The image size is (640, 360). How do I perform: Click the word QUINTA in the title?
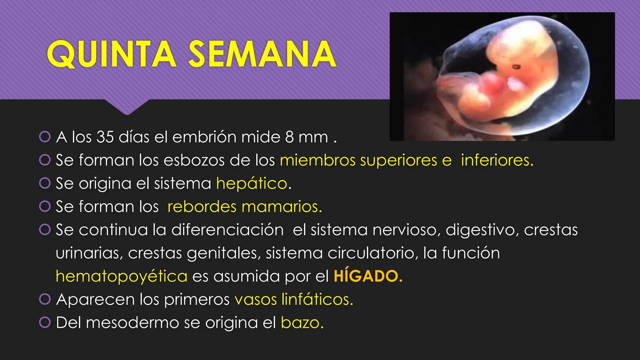tap(111, 54)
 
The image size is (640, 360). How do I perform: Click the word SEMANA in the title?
tap(262, 54)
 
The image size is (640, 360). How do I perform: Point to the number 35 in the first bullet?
tap(105, 137)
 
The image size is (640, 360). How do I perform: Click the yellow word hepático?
tap(252, 183)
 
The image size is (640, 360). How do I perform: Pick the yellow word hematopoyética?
tap(121, 276)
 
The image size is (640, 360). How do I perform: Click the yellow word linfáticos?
tap(317, 299)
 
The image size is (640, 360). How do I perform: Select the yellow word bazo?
tap(302, 323)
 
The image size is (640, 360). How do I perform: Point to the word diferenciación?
tap(227, 230)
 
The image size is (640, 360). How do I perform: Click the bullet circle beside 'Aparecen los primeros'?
tap(44, 299)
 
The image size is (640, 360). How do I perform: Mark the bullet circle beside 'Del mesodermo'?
tap(44, 323)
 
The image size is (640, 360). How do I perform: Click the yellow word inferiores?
tap(497, 160)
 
